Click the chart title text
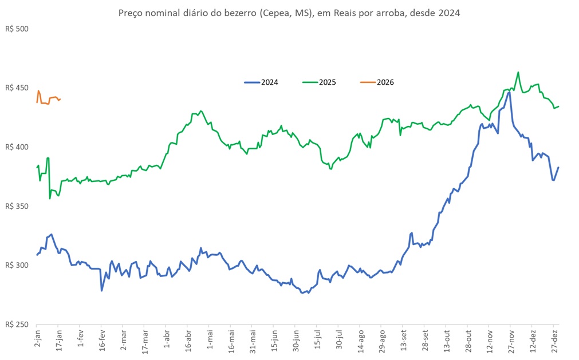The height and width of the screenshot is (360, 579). point(289,12)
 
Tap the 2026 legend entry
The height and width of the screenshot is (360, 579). point(385,82)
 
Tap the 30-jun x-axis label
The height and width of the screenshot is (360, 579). point(296,341)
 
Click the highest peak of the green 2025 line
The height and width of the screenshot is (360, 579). point(518,72)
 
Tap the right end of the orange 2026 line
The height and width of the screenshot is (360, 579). point(61,99)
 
